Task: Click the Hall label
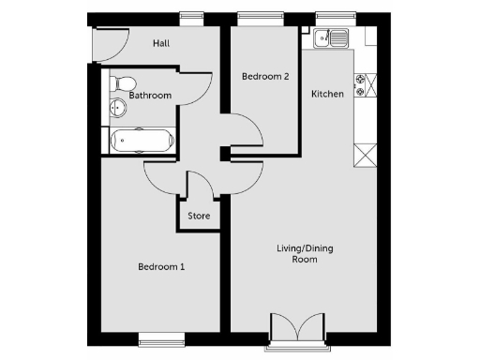click(x=162, y=43)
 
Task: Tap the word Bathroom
click(x=150, y=96)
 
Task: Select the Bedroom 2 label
click(x=264, y=77)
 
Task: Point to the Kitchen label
click(x=327, y=94)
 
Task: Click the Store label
click(x=199, y=217)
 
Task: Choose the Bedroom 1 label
click(x=161, y=267)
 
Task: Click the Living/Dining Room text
click(x=305, y=253)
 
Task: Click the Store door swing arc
click(x=201, y=183)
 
